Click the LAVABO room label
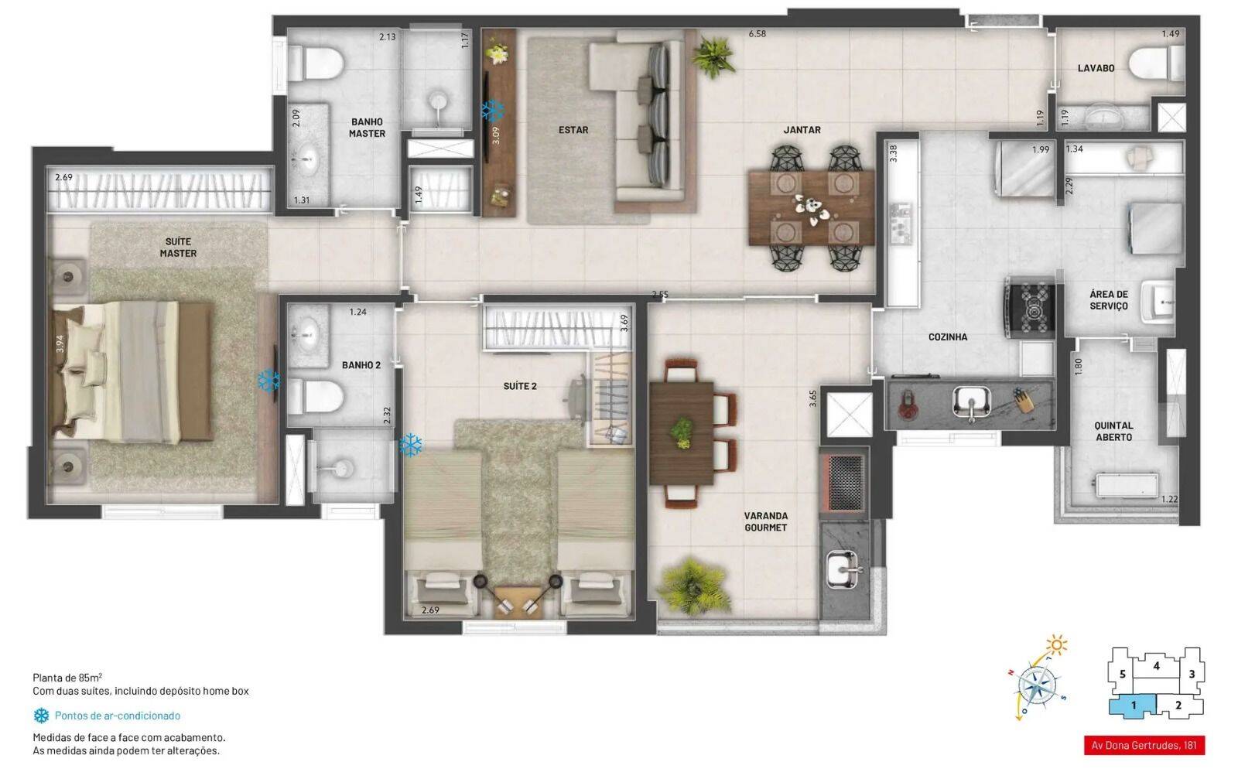tap(1096, 68)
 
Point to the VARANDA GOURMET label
tap(765, 521)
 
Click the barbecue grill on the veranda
tap(844, 482)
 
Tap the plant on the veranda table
tap(682, 432)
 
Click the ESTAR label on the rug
tap(573, 130)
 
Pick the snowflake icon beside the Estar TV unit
tap(493, 110)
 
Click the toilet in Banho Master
tap(316, 61)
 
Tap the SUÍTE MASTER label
tap(178, 248)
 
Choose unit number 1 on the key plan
tap(1133, 706)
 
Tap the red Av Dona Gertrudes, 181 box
tap(1144, 746)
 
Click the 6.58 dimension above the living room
tap(757, 34)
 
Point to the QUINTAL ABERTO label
tap(1113, 431)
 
